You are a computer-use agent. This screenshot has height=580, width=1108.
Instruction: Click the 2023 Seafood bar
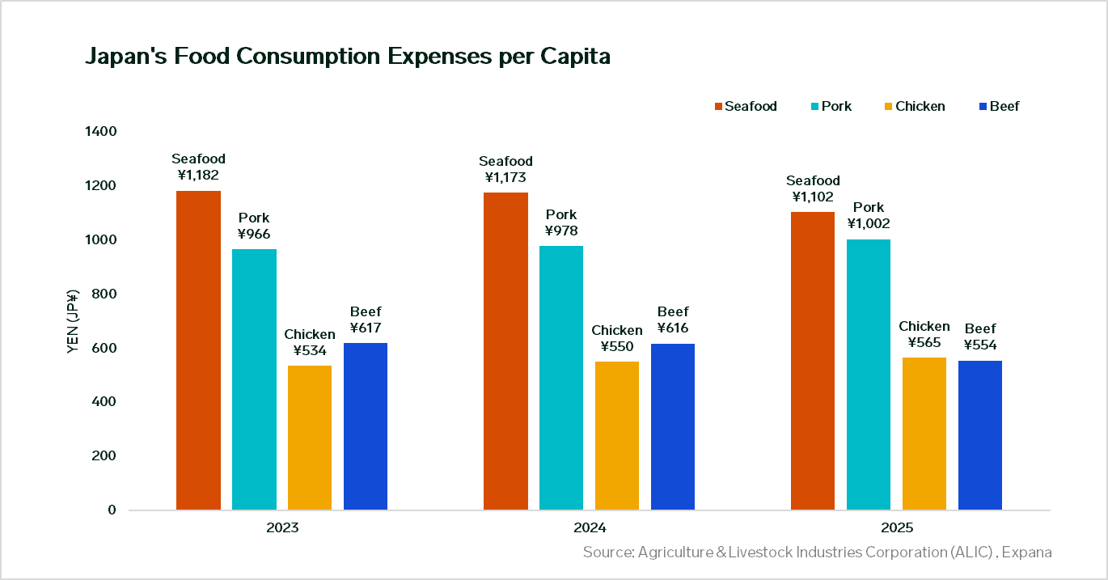point(198,349)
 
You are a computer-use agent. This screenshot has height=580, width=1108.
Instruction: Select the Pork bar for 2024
point(561,377)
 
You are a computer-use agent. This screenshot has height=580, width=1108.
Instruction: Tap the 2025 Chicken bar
point(924,434)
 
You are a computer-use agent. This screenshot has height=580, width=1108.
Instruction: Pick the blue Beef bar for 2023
point(366,426)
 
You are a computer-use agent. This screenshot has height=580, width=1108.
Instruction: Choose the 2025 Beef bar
point(980,435)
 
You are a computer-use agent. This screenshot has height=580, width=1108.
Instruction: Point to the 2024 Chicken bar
point(617,435)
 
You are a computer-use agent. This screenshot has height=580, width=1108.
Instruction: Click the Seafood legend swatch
point(718,107)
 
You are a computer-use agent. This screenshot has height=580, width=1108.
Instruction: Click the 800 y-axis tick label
point(105,294)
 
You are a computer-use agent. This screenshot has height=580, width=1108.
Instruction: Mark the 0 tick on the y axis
point(112,510)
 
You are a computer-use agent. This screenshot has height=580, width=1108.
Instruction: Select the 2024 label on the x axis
point(589,528)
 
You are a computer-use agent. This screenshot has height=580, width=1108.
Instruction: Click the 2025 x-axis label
point(896,528)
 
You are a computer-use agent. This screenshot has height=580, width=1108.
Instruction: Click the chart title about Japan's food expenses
point(347,57)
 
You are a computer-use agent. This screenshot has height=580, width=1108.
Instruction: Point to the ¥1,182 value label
point(198,175)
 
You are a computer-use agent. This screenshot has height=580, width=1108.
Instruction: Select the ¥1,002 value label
point(869,223)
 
